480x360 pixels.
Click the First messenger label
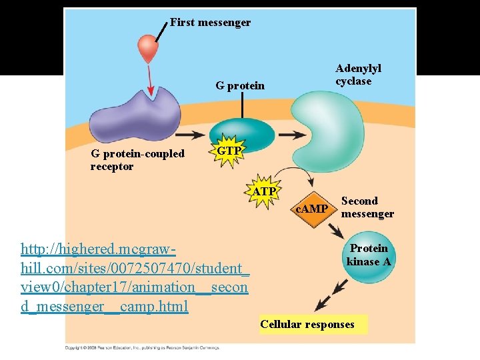coord(210,23)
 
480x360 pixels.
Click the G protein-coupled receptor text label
coord(137,160)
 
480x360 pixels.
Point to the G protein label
coord(239,86)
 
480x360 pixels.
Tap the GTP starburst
coord(229,151)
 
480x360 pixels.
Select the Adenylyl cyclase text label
coord(358,75)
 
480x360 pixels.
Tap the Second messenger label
coord(367,207)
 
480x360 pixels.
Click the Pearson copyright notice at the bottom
coord(141,348)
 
